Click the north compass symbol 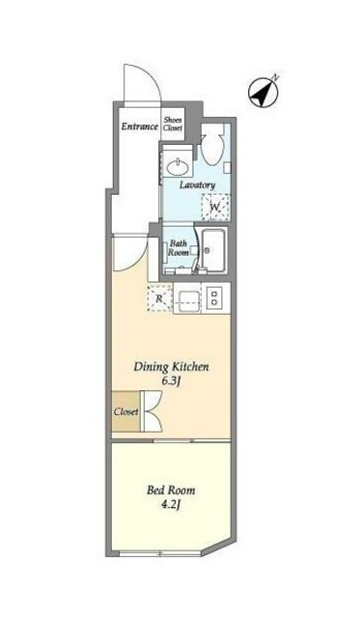(x=263, y=92)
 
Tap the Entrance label (x=139, y=126)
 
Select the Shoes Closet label (x=173, y=124)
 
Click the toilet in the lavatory (x=212, y=148)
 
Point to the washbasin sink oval (x=178, y=167)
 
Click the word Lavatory (x=197, y=184)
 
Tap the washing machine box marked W (x=215, y=207)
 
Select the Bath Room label (x=178, y=248)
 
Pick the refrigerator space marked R (x=159, y=298)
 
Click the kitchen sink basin (x=187, y=298)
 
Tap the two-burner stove (x=214, y=297)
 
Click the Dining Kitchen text (x=172, y=367)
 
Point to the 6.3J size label (x=172, y=381)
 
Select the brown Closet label (x=125, y=412)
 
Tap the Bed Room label (x=171, y=491)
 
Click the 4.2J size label (x=171, y=505)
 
